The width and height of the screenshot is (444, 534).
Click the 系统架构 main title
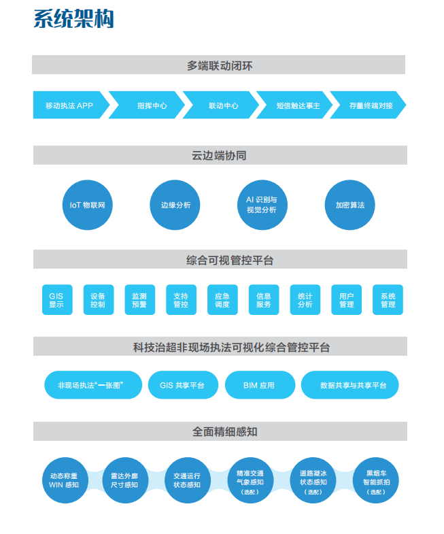click(x=73, y=19)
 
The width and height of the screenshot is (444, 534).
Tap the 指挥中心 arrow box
click(x=147, y=105)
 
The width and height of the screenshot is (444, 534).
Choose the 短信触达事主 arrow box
click(x=294, y=105)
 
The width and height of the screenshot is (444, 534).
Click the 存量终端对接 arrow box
click(x=368, y=105)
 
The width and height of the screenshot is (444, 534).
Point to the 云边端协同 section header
click(x=220, y=155)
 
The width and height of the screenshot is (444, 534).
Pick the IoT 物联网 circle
click(x=88, y=205)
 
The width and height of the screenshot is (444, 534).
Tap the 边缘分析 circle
click(x=175, y=205)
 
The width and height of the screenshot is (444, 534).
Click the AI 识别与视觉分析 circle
click(x=262, y=205)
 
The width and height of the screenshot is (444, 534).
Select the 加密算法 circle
click(x=349, y=205)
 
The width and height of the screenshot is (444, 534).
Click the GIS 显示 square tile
click(x=57, y=300)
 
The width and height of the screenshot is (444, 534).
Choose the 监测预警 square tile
click(x=140, y=300)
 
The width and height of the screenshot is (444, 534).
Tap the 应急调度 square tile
click(x=222, y=300)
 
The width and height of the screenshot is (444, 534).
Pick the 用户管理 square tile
click(x=346, y=300)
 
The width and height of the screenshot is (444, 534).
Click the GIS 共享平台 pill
click(x=183, y=385)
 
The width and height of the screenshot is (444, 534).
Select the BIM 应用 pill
click(x=260, y=385)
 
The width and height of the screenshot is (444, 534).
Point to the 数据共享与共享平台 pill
click(x=349, y=385)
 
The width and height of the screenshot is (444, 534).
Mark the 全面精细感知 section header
click(x=220, y=431)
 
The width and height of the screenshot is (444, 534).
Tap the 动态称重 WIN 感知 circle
click(x=65, y=480)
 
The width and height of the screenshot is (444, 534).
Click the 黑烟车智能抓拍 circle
click(x=375, y=480)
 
